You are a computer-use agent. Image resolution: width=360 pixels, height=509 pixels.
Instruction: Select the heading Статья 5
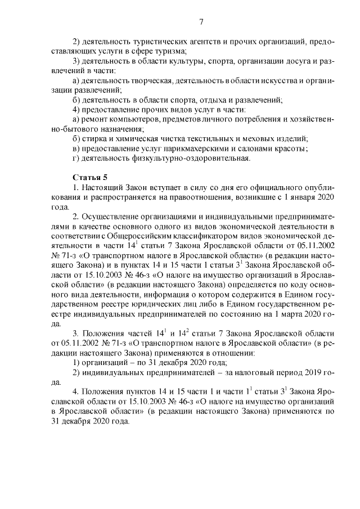pos(89,177)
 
